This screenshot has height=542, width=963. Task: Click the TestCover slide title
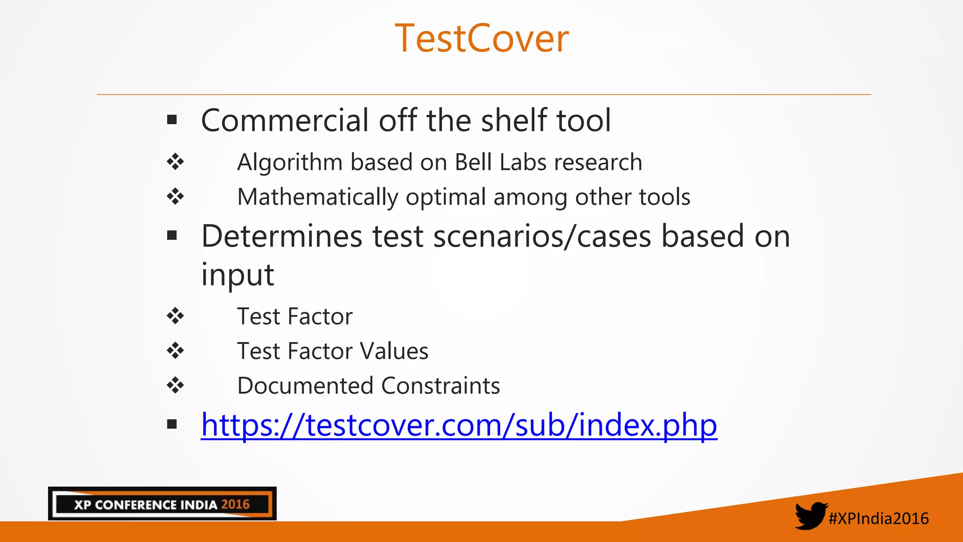[x=481, y=39]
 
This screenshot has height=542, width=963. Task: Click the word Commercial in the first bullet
[x=284, y=120]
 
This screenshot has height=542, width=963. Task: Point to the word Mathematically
[x=318, y=197]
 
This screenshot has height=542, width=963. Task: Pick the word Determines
[x=282, y=236]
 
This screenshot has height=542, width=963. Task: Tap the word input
[x=237, y=275]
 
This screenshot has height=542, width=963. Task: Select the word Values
[x=394, y=351]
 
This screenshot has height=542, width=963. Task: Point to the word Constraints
[x=441, y=386]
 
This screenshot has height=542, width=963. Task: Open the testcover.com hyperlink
[x=459, y=425]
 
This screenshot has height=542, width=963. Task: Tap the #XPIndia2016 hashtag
[x=878, y=518]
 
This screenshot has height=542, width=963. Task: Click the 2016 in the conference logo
[x=235, y=504]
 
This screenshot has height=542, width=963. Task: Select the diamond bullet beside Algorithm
[x=175, y=162]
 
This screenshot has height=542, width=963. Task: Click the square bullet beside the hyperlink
[x=172, y=424]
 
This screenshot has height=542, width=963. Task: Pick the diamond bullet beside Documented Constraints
[x=175, y=385]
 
